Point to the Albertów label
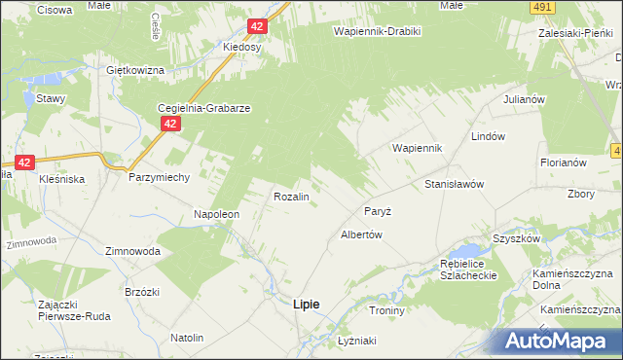click(x=360, y=234)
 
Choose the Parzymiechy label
click(x=159, y=178)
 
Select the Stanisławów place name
click(x=455, y=184)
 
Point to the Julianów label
click(x=522, y=100)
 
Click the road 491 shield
click(x=543, y=7)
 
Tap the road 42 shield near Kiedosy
click(x=256, y=27)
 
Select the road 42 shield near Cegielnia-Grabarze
click(x=170, y=125)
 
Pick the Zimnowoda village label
click(x=132, y=250)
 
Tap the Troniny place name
click(x=386, y=310)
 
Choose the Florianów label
click(x=563, y=162)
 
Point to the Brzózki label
click(x=115, y=292)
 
